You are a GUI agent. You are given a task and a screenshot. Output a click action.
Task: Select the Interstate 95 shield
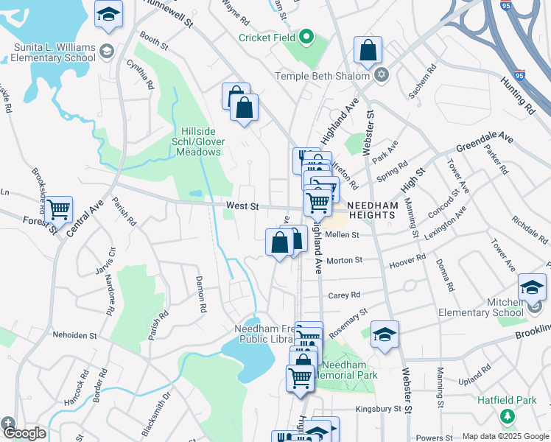coord(520,74)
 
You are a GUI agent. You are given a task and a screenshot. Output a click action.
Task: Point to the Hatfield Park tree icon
coord(507,417)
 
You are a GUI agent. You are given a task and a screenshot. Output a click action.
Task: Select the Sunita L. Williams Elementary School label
coord(55,52)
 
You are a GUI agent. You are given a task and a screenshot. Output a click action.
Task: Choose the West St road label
coord(242,207)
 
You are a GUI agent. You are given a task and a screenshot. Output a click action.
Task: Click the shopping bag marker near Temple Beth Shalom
coord(368,51)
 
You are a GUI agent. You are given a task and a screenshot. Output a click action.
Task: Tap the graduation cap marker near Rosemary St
coord(385,334)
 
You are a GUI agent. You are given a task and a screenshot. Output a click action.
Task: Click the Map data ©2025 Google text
coord(505,436)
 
